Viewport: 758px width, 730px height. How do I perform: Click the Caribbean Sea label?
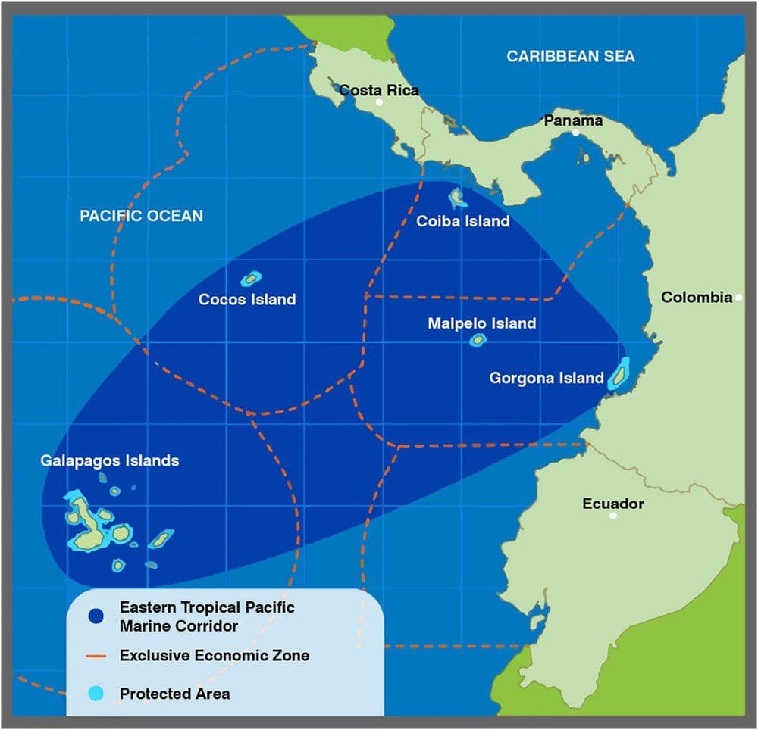tap(571, 56)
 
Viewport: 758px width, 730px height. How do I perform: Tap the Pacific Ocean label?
tap(142, 216)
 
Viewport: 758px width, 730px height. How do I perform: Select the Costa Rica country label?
tap(378, 90)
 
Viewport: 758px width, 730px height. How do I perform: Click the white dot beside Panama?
tap(576, 133)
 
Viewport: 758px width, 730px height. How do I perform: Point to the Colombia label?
tap(697, 297)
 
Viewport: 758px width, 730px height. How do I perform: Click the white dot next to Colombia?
tap(739, 298)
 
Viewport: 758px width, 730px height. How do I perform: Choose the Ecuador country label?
tap(613, 504)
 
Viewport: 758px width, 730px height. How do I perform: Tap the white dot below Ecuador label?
tap(612, 516)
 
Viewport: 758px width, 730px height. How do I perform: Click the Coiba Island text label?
tap(463, 221)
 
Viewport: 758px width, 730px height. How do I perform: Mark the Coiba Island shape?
tap(458, 198)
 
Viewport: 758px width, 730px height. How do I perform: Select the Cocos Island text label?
tap(247, 299)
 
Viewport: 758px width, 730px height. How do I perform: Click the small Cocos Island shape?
tap(251, 279)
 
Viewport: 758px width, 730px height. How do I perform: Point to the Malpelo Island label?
tap(482, 323)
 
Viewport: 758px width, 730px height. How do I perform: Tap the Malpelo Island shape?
tap(477, 340)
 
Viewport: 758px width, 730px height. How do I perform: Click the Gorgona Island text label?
tap(547, 378)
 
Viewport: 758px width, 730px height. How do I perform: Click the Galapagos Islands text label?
tap(110, 460)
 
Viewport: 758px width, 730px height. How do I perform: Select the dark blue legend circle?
tap(96, 616)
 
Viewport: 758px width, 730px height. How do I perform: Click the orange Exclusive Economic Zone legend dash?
tap(96, 656)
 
